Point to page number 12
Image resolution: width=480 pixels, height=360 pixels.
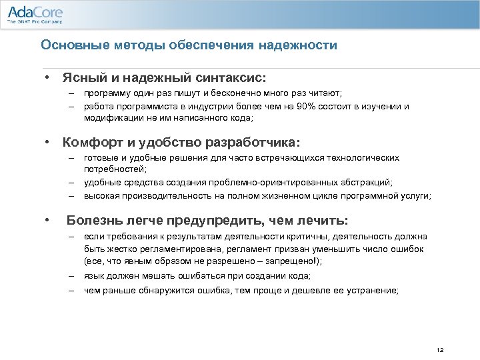439,350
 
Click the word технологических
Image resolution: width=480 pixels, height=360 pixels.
364,158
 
